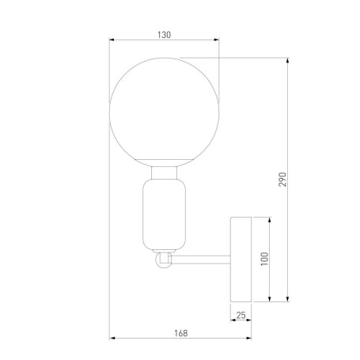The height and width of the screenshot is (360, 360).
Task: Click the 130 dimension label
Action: click(164, 35)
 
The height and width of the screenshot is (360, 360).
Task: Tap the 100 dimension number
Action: click(264, 259)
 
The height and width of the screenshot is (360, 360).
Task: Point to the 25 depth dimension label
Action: click(241, 316)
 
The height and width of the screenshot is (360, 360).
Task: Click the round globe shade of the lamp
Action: click(164, 111)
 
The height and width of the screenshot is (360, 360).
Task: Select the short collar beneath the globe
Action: click(164, 172)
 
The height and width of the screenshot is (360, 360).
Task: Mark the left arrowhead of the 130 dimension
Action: click(112, 41)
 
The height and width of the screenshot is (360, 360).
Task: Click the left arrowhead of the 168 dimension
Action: click(112, 339)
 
